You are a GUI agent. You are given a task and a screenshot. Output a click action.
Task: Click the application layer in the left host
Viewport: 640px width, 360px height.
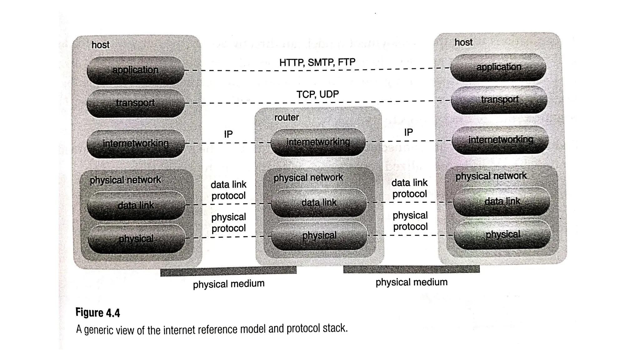coord(135,70)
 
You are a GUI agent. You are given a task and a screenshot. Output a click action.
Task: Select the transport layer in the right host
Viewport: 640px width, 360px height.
coord(499,100)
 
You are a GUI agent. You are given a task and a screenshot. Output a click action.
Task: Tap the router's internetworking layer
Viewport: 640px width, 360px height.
coord(318,142)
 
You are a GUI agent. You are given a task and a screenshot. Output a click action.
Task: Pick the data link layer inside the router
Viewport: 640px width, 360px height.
coord(319,202)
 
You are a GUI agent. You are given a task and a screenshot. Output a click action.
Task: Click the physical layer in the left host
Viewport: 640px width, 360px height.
coord(136,239)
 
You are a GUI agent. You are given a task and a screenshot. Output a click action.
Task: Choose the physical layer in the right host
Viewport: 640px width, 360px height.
coord(502,234)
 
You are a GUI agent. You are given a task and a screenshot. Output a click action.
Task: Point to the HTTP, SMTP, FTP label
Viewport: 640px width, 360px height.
coord(317,62)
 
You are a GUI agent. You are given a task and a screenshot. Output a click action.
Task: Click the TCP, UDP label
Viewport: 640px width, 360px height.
coord(317,94)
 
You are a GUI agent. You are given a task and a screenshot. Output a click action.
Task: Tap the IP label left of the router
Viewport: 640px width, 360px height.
coord(228,134)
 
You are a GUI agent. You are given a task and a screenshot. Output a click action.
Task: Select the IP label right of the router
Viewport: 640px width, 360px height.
coord(408,132)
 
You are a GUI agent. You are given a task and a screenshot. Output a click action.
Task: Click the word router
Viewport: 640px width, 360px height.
coord(286,117)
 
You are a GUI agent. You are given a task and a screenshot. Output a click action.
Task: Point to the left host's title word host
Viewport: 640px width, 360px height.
coord(100,45)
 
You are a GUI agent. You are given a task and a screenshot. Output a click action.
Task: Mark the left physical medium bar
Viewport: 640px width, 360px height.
coord(228,271)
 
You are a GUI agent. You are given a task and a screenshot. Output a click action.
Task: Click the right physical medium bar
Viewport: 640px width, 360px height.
coord(411,269)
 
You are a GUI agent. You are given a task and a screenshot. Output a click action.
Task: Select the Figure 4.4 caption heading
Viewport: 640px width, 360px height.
coord(98,313)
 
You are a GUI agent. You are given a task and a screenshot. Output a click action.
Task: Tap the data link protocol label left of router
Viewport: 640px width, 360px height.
coord(228,190)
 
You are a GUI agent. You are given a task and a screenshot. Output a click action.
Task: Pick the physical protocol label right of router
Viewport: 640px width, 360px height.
coord(410,221)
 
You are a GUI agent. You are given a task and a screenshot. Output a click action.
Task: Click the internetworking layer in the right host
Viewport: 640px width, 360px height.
coord(500,140)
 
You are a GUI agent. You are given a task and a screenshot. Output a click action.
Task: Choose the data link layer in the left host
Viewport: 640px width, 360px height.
coord(136,205)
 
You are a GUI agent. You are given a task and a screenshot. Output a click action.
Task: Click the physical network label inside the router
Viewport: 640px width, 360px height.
coord(308,178)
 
